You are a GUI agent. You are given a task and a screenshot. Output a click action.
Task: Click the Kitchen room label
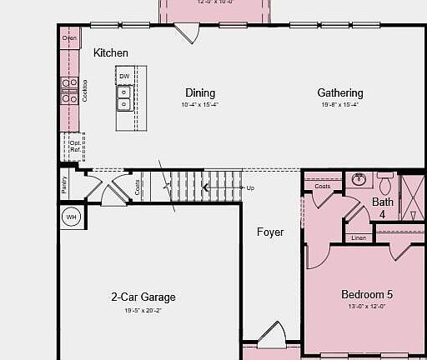pyautogui.click(x=111, y=53)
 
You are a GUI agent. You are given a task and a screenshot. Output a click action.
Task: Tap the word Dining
pyautogui.click(x=200, y=93)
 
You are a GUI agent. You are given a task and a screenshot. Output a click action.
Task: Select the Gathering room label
pyautogui.click(x=340, y=93)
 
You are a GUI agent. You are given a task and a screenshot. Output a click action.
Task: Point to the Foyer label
pyautogui.click(x=269, y=232)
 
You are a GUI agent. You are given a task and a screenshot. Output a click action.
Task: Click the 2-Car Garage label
pyautogui.click(x=143, y=297)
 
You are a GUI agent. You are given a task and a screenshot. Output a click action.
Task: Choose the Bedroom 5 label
pyautogui.click(x=367, y=294)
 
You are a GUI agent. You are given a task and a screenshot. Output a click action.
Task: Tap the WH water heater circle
pyautogui.click(x=71, y=217)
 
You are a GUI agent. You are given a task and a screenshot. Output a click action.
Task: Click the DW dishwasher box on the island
pyautogui.click(x=124, y=77)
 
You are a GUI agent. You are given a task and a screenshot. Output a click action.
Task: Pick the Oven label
pyautogui.click(x=71, y=37)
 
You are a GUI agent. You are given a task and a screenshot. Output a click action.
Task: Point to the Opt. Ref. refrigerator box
pyautogui.click(x=74, y=147)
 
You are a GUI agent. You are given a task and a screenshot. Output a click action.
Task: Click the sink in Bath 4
pyautogui.click(x=359, y=178)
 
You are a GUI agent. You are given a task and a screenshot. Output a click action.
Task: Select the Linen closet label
pyautogui.click(x=359, y=238)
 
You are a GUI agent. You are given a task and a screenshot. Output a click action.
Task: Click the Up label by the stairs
pyautogui.click(x=250, y=188)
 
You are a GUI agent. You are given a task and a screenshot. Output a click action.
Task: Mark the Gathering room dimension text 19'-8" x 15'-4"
pyautogui.click(x=340, y=105)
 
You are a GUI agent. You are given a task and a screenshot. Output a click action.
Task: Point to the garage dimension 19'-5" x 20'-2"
pyautogui.click(x=143, y=310)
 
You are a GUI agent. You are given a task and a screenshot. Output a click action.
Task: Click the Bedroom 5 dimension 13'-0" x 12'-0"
pyautogui.click(x=367, y=307)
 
